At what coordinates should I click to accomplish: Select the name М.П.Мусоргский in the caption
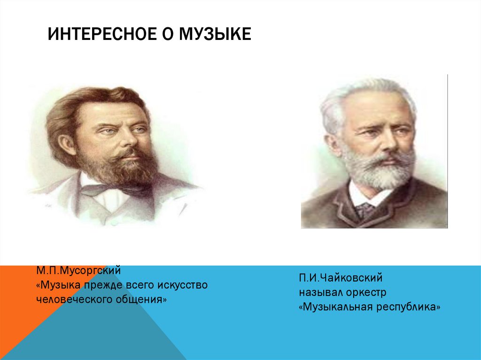coord(79,271)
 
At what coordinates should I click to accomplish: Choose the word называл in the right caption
coord(318,292)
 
